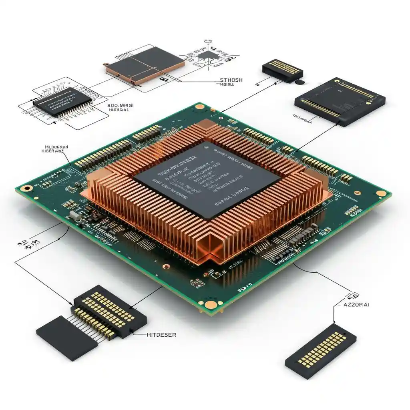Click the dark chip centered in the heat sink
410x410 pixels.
(x=206, y=179)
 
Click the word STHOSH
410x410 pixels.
(x=231, y=80)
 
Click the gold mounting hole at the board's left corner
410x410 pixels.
(x=27, y=188)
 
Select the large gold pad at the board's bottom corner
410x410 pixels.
(x=209, y=305)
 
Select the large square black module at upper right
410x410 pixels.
(x=340, y=100)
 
